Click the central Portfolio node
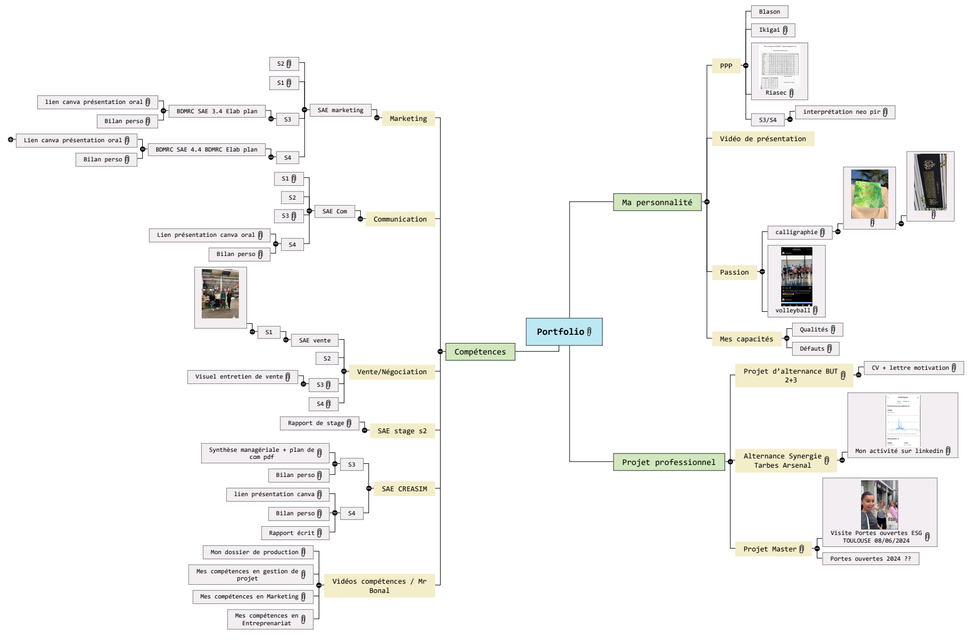564,331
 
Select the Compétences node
480,352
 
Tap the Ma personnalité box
657,202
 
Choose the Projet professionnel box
668,462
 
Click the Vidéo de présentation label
763,139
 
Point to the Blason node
769,12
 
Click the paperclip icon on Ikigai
785,30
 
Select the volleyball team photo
797,276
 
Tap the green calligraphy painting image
869,194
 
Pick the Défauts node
815,348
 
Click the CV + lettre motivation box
913,368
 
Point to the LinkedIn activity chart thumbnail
903,420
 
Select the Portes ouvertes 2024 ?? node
870,558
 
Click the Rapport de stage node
319,423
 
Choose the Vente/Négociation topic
391,372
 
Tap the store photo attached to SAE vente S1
220,294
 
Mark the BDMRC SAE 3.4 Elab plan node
216,112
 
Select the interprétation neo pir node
845,112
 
